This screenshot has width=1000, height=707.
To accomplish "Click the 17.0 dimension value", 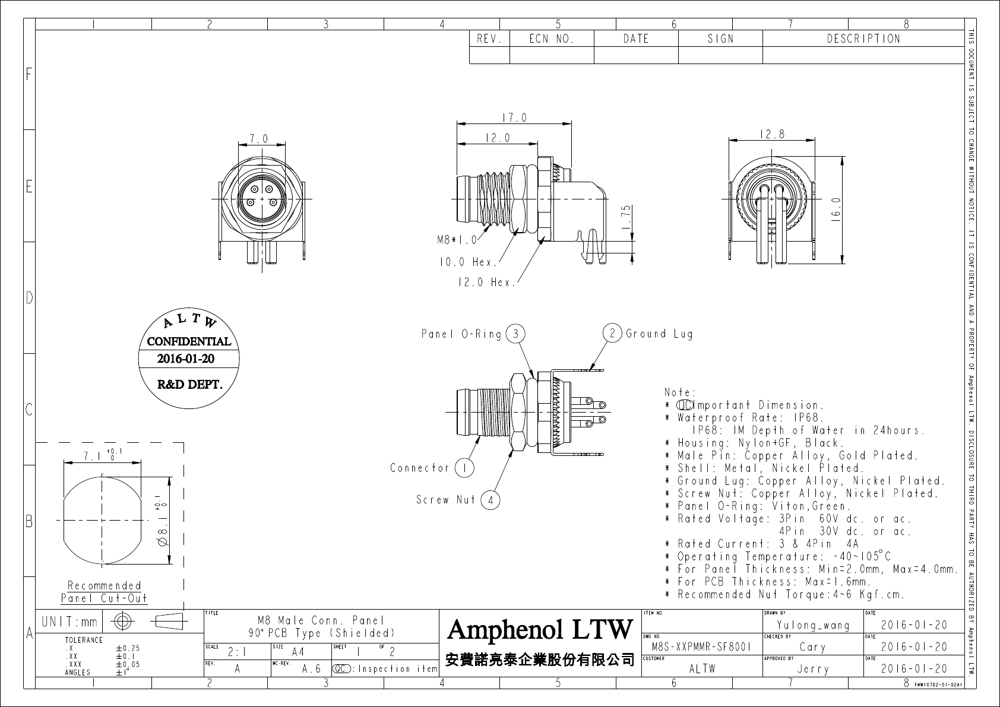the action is coord(515,118).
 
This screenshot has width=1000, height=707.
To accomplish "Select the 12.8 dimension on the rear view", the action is coord(772,134).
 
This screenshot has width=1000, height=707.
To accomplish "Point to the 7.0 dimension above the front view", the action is coord(259,139).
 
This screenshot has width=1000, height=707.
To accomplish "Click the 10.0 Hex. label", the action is coord(469,262).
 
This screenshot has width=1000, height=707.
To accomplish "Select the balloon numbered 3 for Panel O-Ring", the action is coord(515,334).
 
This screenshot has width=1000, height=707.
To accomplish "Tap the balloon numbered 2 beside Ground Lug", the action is coord(612,333).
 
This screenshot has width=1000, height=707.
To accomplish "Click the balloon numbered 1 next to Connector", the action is coord(465,468).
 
